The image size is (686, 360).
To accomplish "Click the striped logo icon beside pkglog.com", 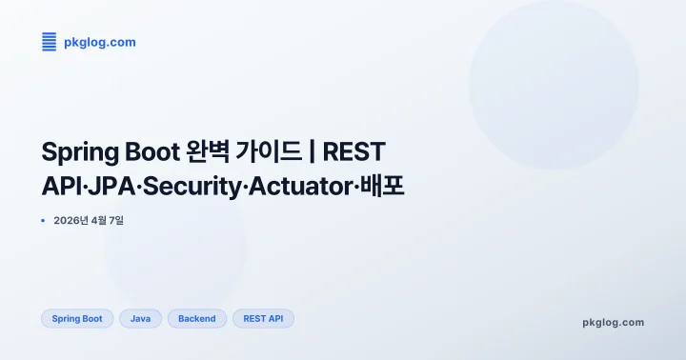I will pos(49,41).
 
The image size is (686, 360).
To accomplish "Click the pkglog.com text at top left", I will pos(100,42).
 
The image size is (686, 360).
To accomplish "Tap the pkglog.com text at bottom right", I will pos(613,322).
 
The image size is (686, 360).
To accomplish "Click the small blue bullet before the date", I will pos(44,221).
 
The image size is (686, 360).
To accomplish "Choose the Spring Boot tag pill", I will pos(77,319).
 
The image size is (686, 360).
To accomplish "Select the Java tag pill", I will pos(140,319).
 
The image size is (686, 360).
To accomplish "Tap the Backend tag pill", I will pos(197,319).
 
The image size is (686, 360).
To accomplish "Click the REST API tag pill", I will pos(263,319).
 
